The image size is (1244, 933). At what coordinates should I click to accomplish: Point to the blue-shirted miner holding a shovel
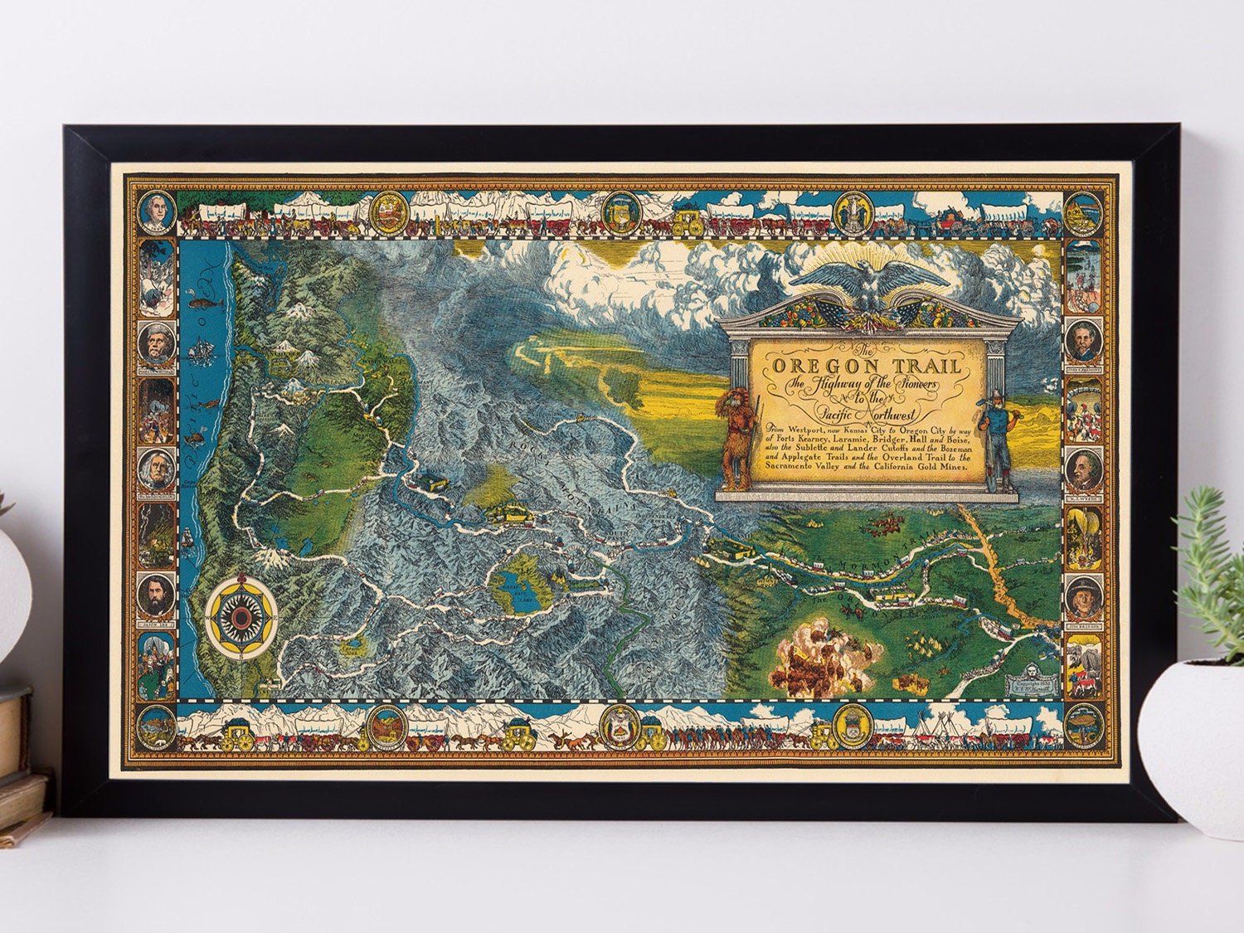point(996,440)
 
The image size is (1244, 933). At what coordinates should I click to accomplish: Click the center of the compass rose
point(242,616)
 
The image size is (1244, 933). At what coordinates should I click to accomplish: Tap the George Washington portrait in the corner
point(155,213)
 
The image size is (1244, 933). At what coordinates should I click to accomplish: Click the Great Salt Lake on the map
point(513,584)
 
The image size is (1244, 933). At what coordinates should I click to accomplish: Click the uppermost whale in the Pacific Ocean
point(202,303)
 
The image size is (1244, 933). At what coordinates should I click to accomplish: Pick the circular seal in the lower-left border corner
point(156,727)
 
